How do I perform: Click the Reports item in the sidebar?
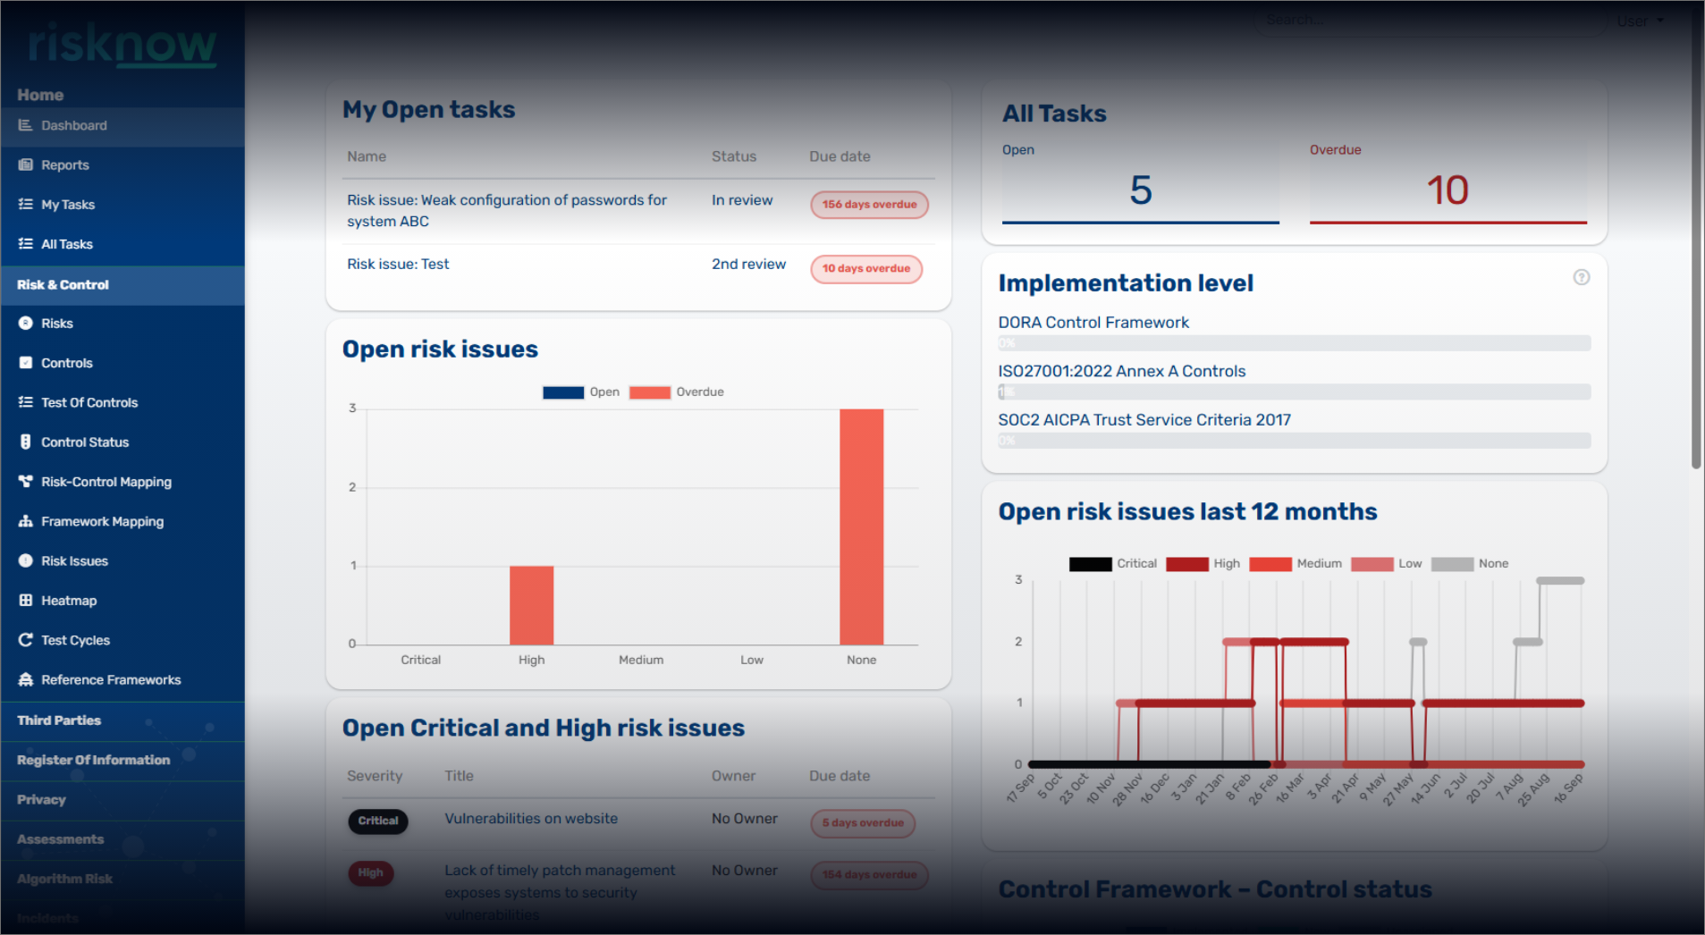coord(64,165)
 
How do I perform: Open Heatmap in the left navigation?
coord(68,601)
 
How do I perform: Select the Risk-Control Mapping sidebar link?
coord(106,482)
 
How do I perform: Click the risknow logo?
coord(122,45)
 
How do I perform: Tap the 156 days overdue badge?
coord(869,205)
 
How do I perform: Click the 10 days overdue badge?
coord(865,269)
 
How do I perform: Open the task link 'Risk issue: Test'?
coord(398,265)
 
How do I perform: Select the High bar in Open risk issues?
coord(531,605)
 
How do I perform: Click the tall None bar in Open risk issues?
coord(861,527)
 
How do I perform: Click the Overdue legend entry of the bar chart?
coord(677,392)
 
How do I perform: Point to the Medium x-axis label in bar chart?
coord(641,661)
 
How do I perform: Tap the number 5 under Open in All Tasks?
coord(1140,190)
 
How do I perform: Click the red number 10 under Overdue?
coord(1448,190)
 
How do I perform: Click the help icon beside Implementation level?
coord(1581,278)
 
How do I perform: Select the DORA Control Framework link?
coord(1093,323)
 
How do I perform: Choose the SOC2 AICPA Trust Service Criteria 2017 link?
coord(1144,420)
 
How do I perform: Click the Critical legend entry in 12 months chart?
coord(1113,564)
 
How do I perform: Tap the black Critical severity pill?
coord(378,821)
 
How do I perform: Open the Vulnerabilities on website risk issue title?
coord(531,819)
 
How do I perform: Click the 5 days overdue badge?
coord(863,823)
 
